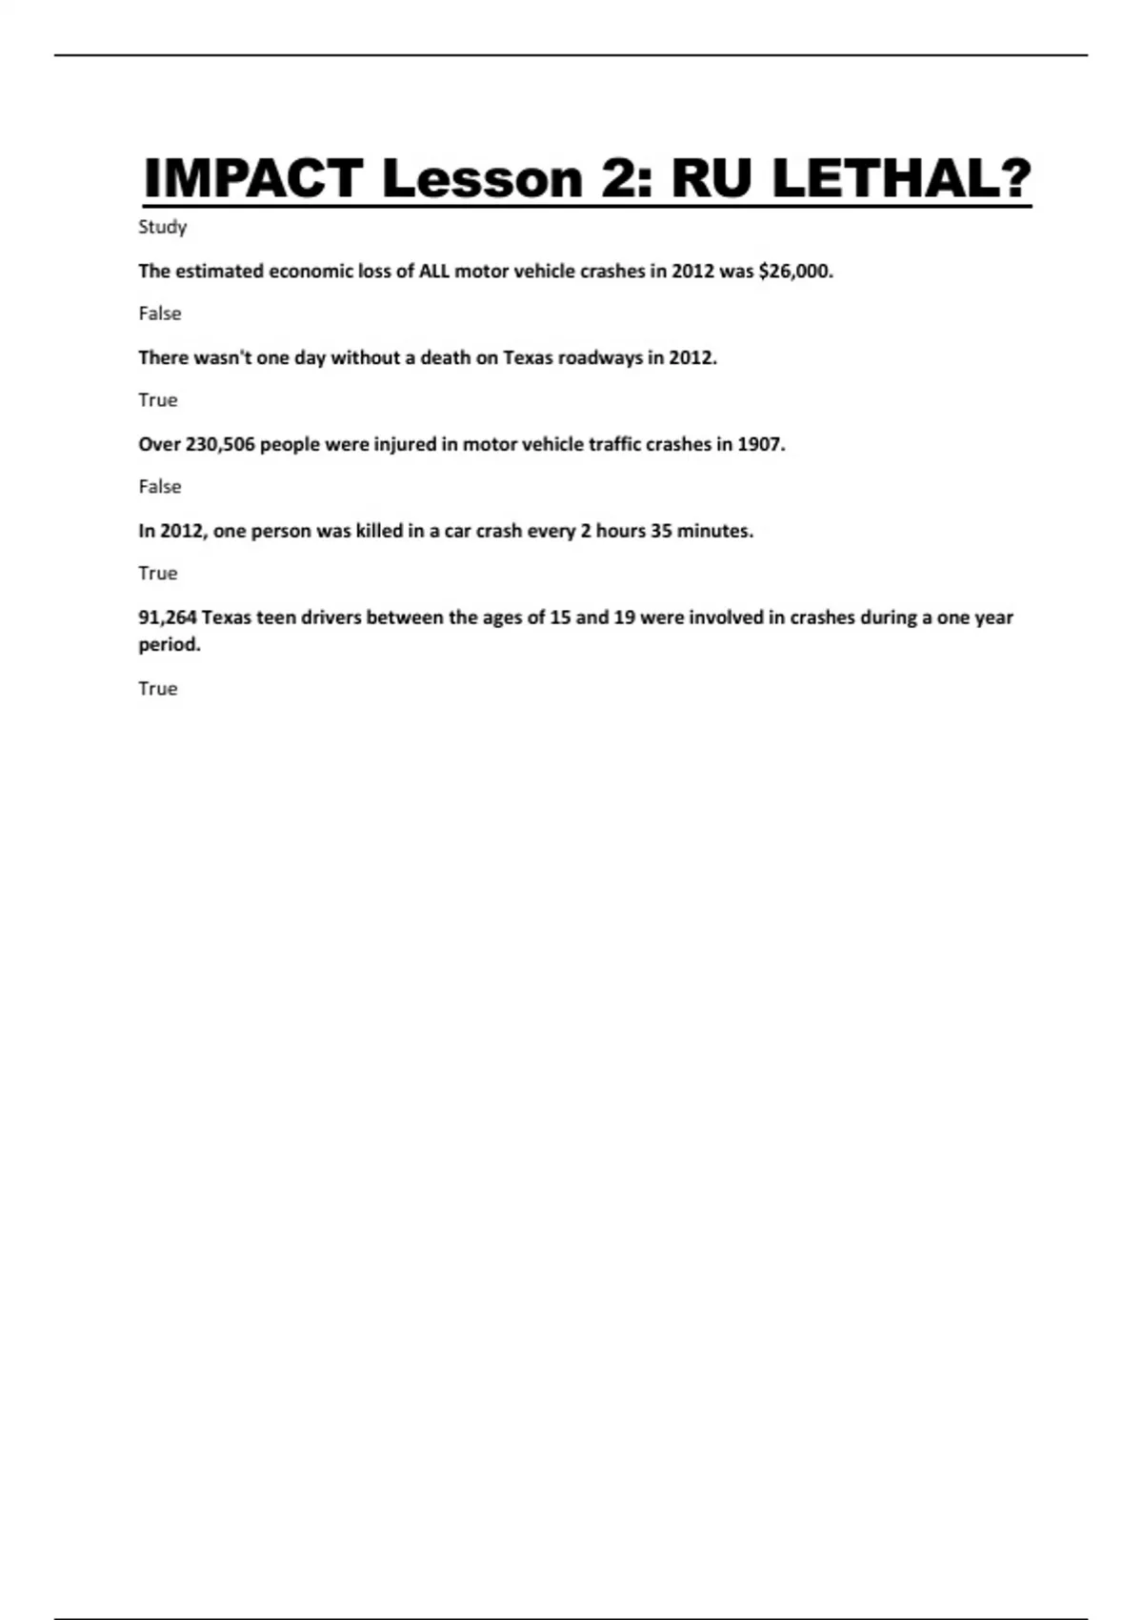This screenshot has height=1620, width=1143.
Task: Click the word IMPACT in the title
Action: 252,178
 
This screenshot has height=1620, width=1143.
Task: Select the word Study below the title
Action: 162,228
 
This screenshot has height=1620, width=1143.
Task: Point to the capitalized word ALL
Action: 433,272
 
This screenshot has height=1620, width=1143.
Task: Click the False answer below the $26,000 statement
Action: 159,314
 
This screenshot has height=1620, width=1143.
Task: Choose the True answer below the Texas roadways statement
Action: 157,400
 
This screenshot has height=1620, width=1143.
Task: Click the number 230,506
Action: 220,445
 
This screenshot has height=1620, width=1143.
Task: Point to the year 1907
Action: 760,445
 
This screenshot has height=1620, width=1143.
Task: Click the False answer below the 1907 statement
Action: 159,487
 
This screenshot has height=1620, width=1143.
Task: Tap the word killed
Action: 379,532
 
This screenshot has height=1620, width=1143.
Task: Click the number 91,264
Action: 168,618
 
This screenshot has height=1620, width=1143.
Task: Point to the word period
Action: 170,645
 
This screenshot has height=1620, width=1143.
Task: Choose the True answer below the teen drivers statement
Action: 157,689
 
